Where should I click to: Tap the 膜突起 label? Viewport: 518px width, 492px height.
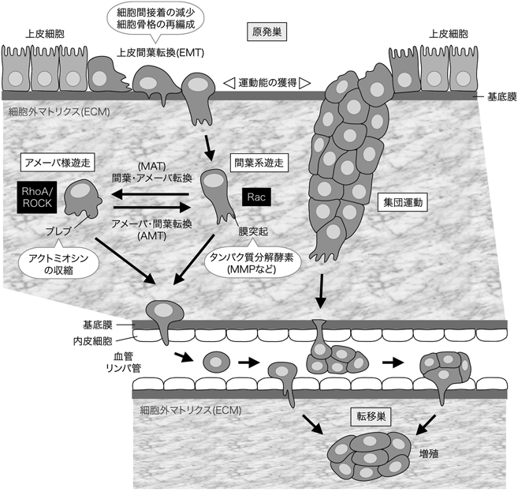coord(250,231)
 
